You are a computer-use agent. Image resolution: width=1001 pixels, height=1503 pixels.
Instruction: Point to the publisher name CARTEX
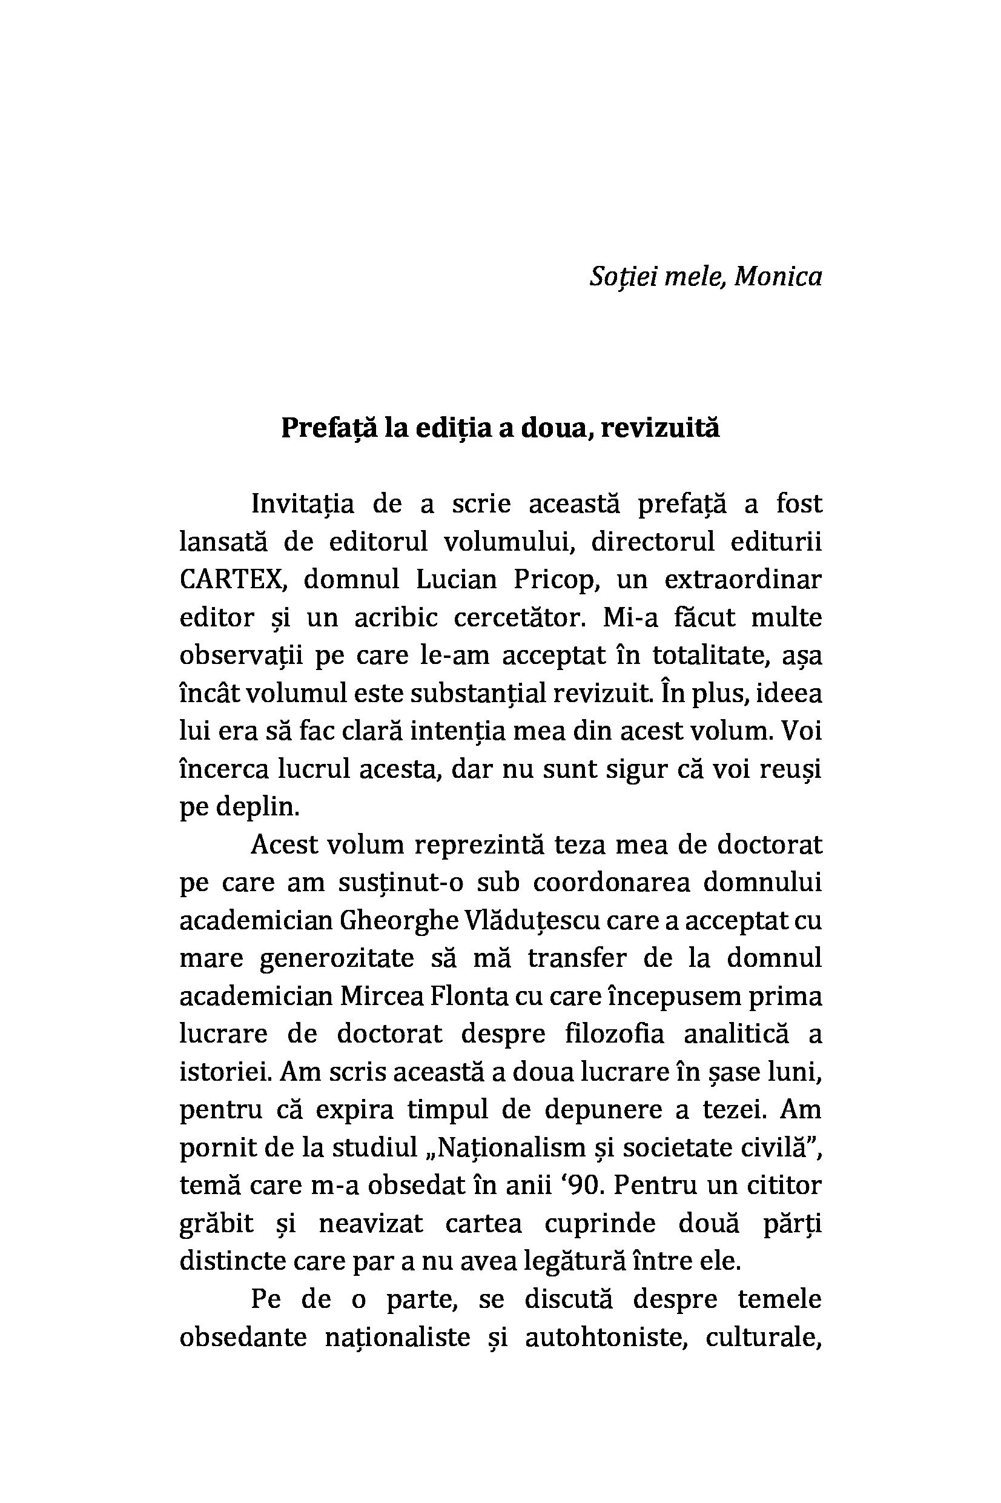click(x=231, y=580)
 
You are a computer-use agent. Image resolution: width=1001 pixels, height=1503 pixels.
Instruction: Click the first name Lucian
click(x=456, y=580)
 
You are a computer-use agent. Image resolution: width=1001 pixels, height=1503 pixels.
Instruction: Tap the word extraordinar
click(x=742, y=580)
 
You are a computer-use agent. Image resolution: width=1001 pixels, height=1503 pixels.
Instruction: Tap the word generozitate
click(x=337, y=958)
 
